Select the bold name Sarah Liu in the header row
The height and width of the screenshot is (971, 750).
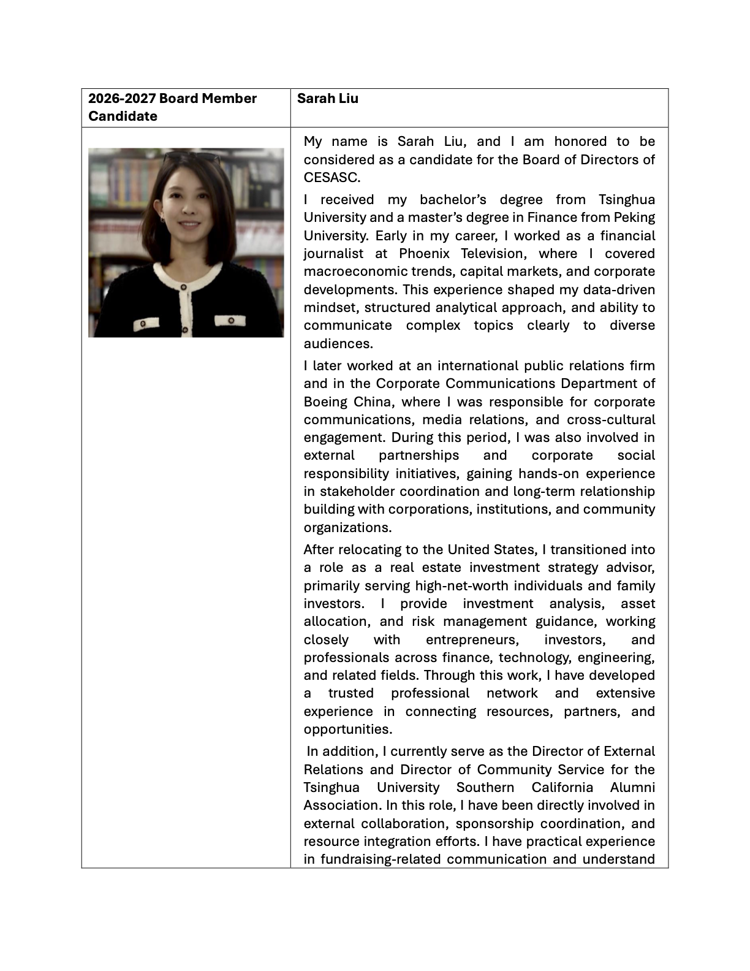(x=328, y=99)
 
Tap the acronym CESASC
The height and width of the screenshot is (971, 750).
(x=331, y=178)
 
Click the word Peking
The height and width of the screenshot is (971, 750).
(x=633, y=218)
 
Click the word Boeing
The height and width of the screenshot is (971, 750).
(x=325, y=402)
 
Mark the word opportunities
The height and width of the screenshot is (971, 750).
(x=347, y=729)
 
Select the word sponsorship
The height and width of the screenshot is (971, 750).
(x=494, y=824)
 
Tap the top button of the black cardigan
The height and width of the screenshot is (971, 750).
(x=183, y=287)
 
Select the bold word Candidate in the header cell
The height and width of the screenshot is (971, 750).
(x=123, y=116)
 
